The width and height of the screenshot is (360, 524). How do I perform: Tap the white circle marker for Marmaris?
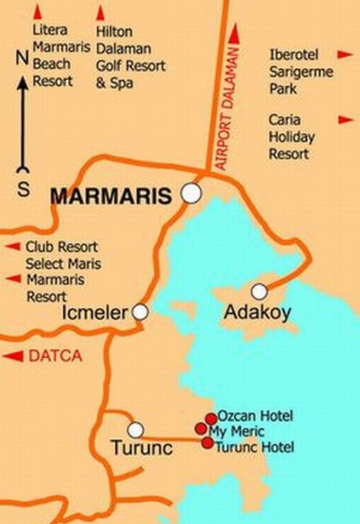click(x=190, y=194)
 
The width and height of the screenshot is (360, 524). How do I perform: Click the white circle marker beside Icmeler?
click(x=141, y=312)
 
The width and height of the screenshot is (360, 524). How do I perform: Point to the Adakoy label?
click(x=257, y=313)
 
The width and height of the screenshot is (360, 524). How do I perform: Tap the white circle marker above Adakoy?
click(x=259, y=291)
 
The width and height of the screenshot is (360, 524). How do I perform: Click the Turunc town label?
click(x=141, y=449)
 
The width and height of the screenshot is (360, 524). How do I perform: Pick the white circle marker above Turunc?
click(x=136, y=428)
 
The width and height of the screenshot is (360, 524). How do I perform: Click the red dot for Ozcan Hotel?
click(x=210, y=418)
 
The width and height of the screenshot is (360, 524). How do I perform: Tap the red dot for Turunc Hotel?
click(x=206, y=443)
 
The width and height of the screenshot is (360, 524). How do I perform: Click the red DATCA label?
click(x=55, y=356)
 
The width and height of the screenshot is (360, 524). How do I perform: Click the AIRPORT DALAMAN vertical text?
click(x=223, y=111)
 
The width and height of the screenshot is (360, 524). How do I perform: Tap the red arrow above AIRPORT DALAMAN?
click(x=235, y=33)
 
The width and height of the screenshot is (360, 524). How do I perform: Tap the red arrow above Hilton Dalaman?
click(x=100, y=12)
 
